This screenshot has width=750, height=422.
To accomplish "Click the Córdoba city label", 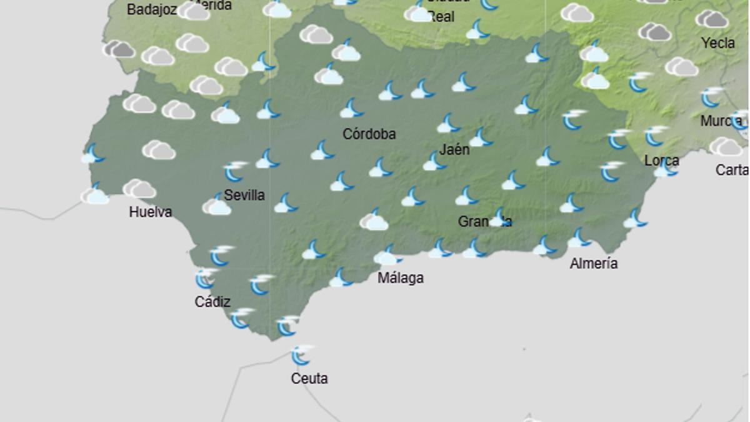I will point(369,134).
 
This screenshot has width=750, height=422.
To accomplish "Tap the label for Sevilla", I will point(244,195).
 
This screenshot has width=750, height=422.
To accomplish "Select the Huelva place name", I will point(150,212).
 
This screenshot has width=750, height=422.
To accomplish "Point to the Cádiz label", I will point(212,301).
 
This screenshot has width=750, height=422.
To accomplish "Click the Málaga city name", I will point(400,278).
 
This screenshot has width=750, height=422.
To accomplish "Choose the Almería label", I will point(594,263).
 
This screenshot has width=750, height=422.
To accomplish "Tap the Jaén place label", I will point(454,150).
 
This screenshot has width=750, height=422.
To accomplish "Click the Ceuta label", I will point(309,378).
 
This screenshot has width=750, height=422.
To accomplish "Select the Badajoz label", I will point(151,9).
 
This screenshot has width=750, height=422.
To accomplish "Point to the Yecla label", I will point(717,43).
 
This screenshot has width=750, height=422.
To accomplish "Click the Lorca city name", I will point(661,161).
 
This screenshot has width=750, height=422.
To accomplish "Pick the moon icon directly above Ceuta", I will point(301,355).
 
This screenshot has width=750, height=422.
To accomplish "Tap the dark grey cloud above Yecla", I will point(711,19).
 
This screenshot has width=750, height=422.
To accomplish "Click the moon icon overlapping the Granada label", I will point(498,217).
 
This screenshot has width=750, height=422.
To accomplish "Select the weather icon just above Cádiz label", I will point(205,278).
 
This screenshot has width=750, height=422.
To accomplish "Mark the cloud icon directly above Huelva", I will point(139,188).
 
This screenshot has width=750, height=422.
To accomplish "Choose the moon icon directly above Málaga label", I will point(387,255).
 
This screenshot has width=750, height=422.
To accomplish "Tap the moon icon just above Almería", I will point(578,238).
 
